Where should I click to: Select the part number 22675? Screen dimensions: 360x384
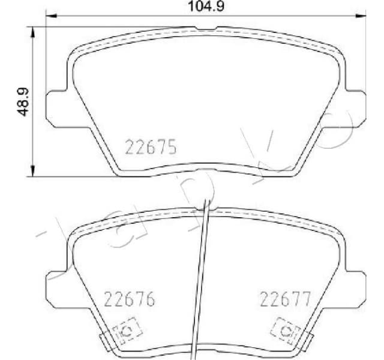pos(151,146)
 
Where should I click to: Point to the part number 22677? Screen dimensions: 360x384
pos(284,298)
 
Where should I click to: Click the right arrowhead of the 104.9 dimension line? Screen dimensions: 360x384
pos(361,16)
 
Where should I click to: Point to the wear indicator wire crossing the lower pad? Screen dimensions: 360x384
pos(202,270)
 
